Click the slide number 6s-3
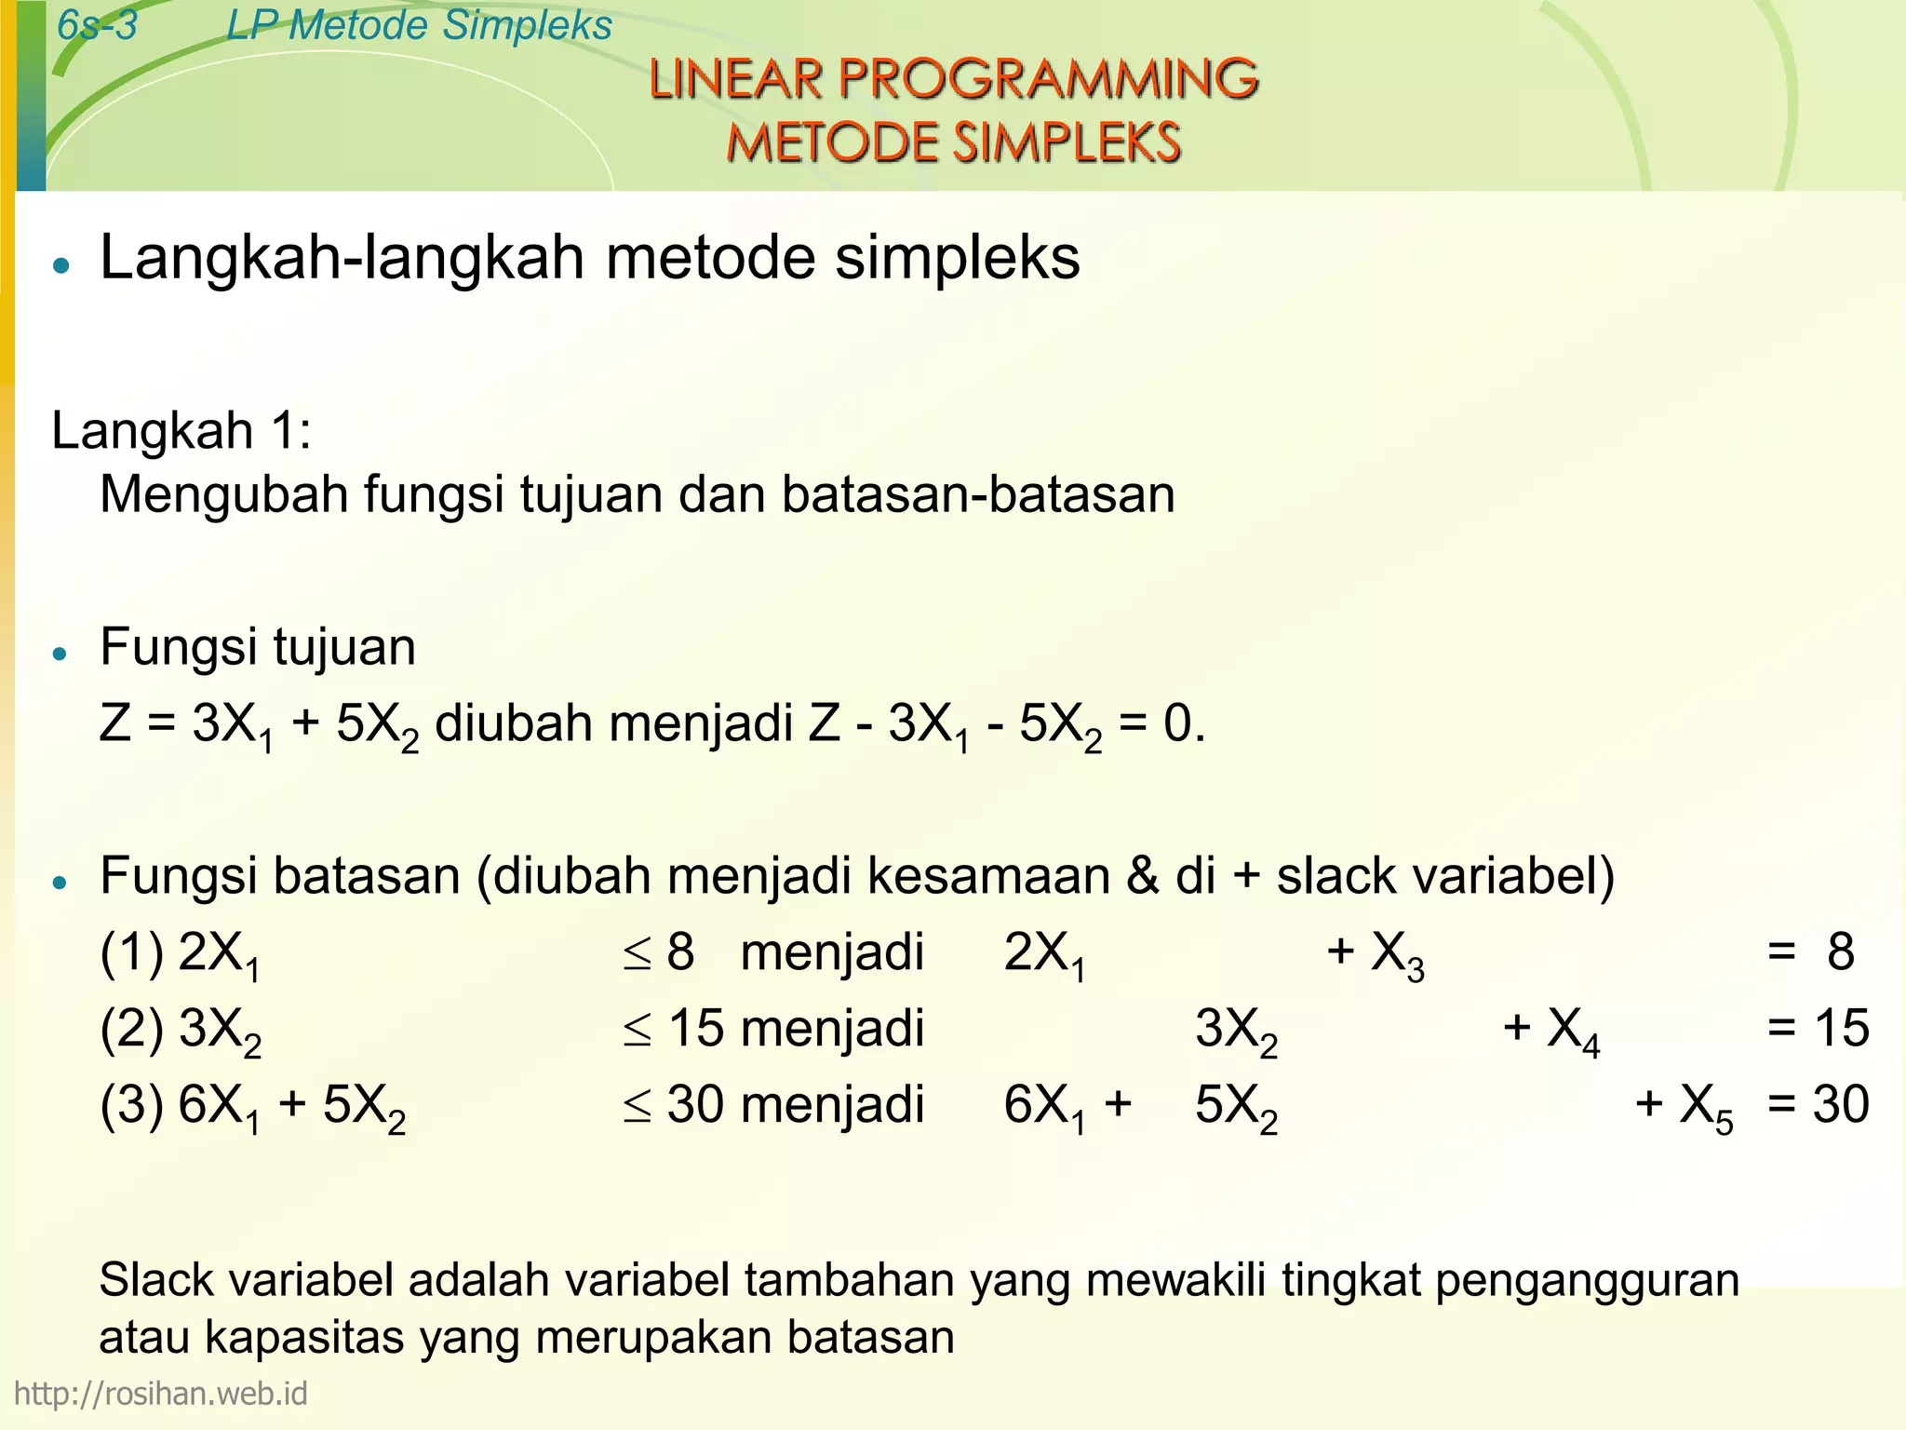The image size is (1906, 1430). click(97, 25)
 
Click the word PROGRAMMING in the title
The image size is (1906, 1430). click(1048, 79)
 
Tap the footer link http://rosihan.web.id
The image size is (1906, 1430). click(160, 1394)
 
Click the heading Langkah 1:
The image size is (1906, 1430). click(181, 431)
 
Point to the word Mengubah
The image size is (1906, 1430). click(223, 495)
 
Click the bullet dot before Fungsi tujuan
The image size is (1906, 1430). click(61, 654)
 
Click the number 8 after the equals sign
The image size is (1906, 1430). click(1840, 952)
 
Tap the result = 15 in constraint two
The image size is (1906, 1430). click(1818, 1029)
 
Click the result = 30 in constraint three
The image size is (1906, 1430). click(1818, 1105)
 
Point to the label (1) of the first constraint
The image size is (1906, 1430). click(131, 952)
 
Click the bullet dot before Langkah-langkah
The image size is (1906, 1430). click(61, 265)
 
